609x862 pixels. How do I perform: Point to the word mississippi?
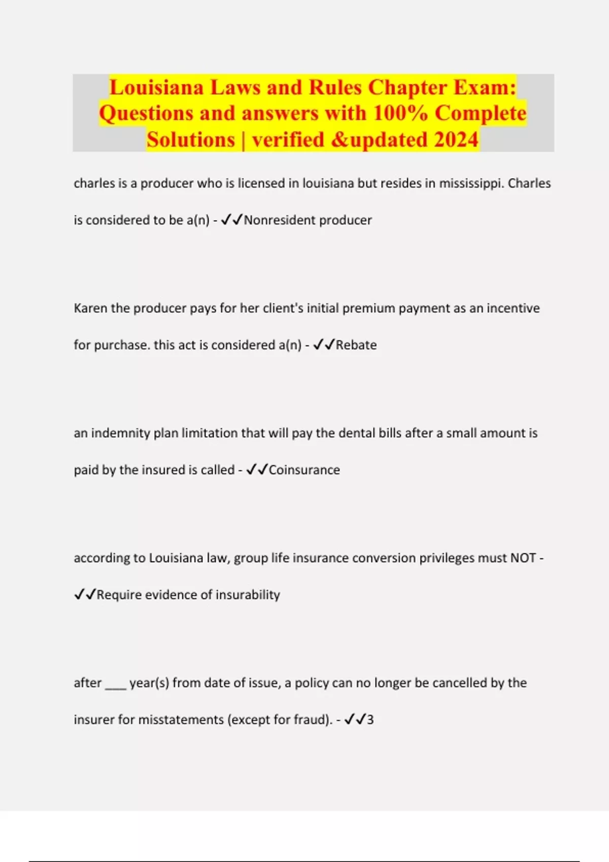click(x=471, y=184)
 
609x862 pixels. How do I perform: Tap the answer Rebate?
click(x=356, y=345)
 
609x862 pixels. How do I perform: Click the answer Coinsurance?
click(x=304, y=470)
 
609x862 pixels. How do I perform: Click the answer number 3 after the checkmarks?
click(x=370, y=720)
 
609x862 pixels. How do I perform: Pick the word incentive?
click(x=513, y=308)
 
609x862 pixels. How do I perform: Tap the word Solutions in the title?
click(x=191, y=139)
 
